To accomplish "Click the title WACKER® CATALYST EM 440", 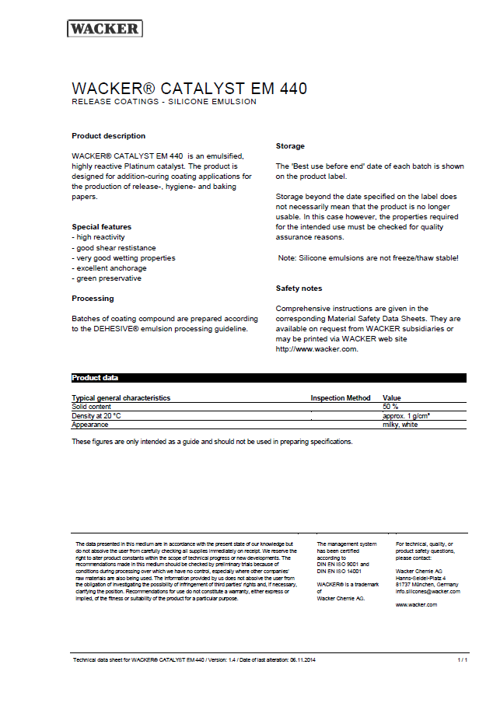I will (189, 89).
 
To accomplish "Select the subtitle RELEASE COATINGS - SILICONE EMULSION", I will (163, 102).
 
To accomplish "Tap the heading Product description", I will (108, 136).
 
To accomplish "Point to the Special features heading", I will (101, 227).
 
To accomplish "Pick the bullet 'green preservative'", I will (107, 278).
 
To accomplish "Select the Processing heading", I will (93, 299).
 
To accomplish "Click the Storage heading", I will (290, 146).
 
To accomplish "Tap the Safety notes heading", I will (299, 289).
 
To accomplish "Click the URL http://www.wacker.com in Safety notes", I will (316, 349).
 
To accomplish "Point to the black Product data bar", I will (268, 378).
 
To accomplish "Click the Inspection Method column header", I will (341, 398).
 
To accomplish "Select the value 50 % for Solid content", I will (390, 407).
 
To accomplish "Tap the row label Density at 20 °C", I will (96, 416).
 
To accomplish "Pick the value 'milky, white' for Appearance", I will (400, 425).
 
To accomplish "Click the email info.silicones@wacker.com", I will (428, 591).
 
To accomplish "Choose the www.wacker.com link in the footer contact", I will (416, 604).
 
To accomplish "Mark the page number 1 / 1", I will (462, 659).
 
